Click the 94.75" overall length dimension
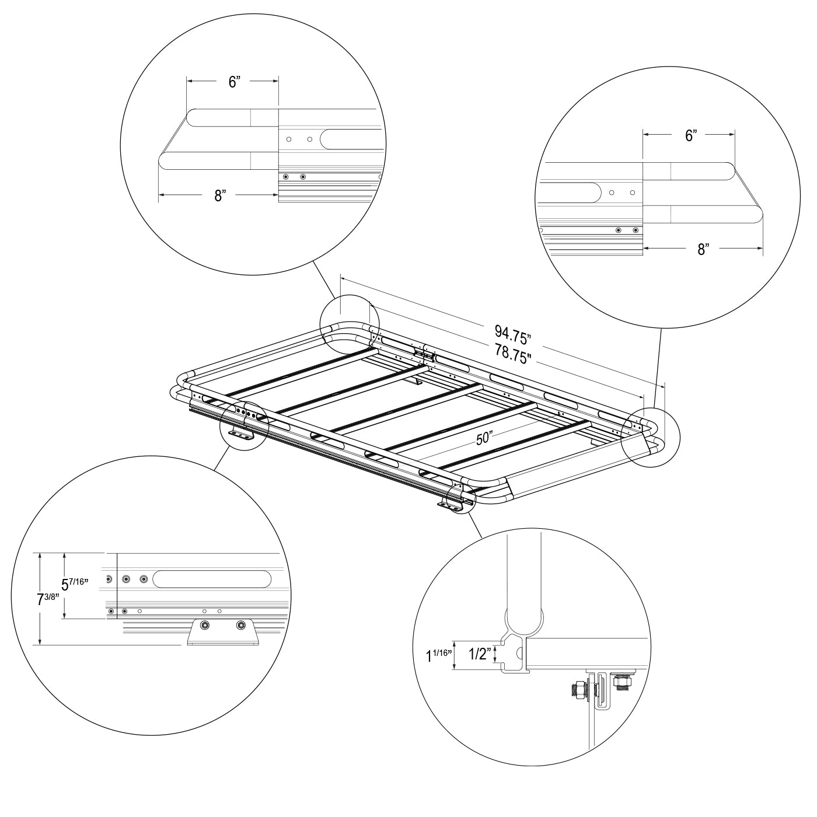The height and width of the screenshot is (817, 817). pyautogui.click(x=512, y=335)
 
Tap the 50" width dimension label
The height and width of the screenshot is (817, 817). pyautogui.click(x=483, y=438)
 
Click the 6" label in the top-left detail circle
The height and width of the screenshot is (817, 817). pyautogui.click(x=235, y=82)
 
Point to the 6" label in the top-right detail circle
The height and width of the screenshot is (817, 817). pyautogui.click(x=691, y=135)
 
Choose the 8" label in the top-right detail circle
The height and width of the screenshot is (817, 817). pyautogui.click(x=703, y=249)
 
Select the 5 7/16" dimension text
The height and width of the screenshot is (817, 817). pyautogui.click(x=75, y=584)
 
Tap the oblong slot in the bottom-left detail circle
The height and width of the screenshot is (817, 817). pyautogui.click(x=212, y=579)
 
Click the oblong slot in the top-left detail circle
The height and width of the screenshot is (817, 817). pyautogui.click(x=351, y=139)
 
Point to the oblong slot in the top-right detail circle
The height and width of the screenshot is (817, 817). pyautogui.click(x=568, y=193)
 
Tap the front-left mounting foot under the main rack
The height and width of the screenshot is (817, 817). pyautogui.click(x=240, y=436)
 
